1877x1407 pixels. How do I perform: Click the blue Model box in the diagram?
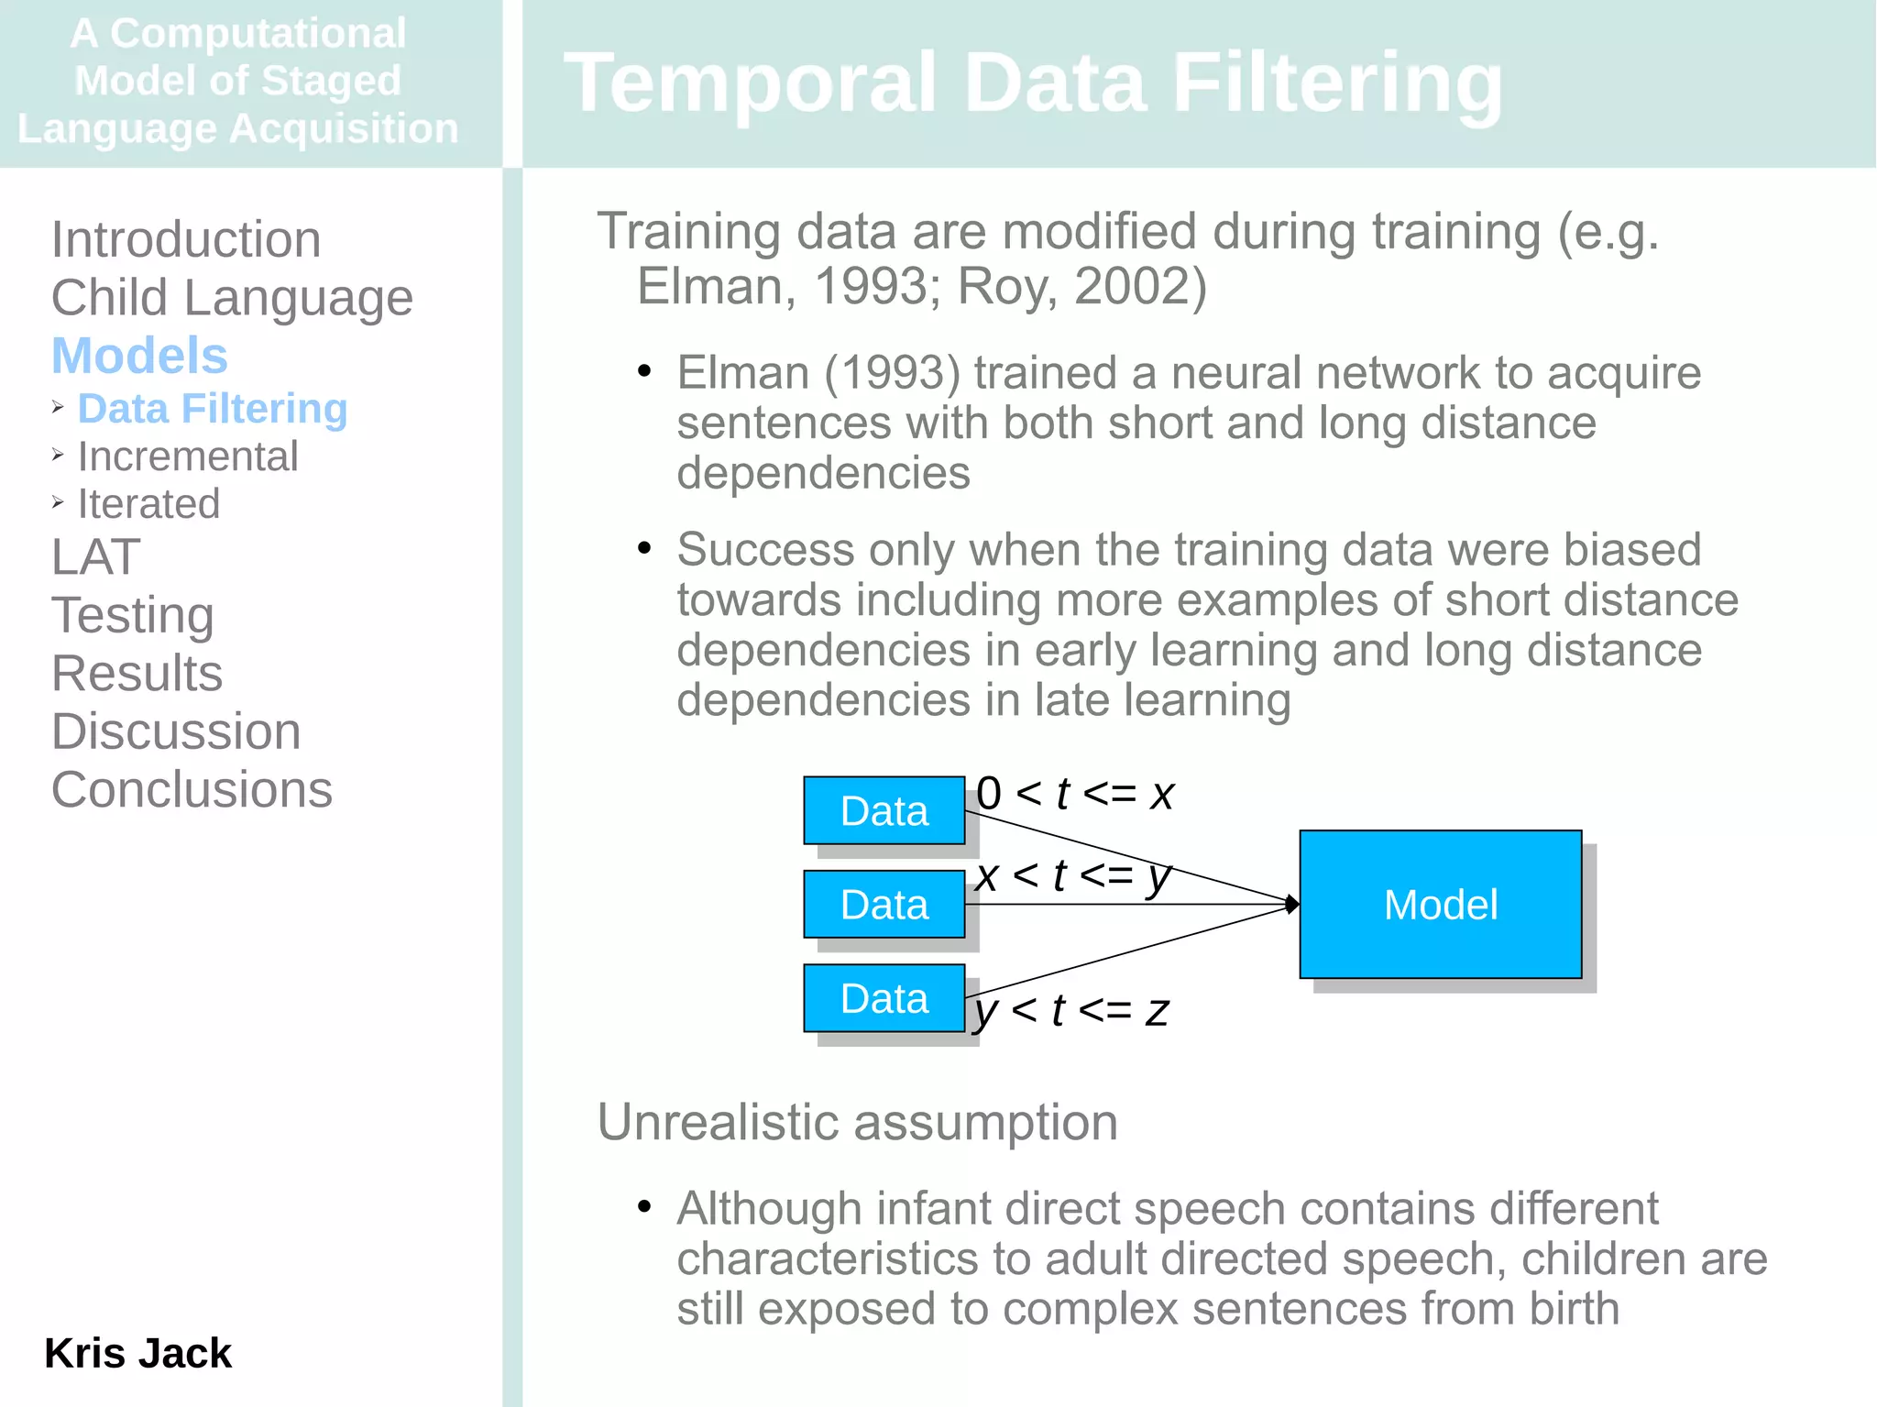[x=1440, y=904]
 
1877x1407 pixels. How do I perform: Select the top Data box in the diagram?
[x=884, y=810]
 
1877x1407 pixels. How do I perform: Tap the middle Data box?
[x=884, y=904]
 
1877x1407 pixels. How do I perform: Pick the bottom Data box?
[x=884, y=997]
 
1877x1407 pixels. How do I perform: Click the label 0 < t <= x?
[x=1074, y=794]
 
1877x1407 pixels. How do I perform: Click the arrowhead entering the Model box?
[x=1292, y=905]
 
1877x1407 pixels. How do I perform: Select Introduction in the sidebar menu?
[x=186, y=239]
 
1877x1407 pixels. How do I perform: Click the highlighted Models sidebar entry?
[x=139, y=356]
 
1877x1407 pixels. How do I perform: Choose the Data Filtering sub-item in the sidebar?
[x=212, y=409]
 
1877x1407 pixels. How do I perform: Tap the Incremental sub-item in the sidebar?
[x=188, y=456]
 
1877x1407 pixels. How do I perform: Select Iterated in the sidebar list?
[x=148, y=504]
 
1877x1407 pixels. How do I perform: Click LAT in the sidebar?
[x=95, y=556]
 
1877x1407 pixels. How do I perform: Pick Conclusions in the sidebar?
[x=192, y=789]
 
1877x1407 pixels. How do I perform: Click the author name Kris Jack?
[x=137, y=1353]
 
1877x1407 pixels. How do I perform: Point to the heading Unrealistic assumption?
[x=857, y=1122]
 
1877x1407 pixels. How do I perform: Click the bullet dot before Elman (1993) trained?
[x=644, y=371]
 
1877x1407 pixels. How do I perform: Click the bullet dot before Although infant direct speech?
[x=644, y=1206]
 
